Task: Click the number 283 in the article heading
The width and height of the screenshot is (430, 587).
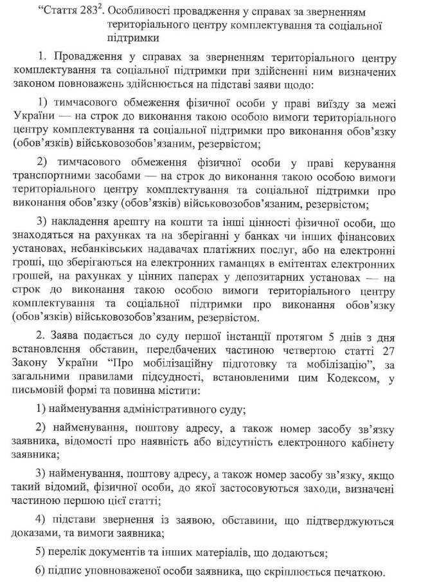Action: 89,10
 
